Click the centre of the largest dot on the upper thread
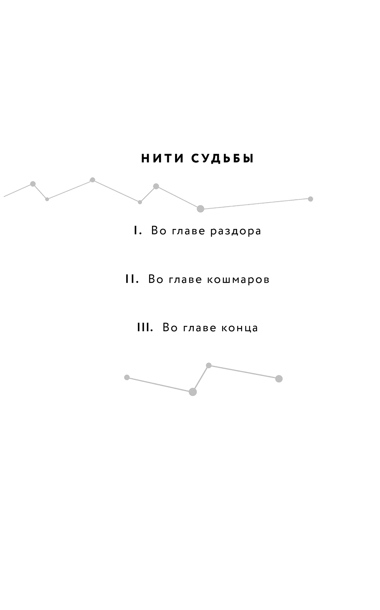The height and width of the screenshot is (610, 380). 200,209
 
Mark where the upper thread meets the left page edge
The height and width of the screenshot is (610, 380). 4,196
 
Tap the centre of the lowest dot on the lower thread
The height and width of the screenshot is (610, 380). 193,392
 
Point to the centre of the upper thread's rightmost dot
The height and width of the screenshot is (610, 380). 310,199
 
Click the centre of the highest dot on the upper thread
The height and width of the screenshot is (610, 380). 92,180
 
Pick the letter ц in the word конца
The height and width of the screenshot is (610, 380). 247,328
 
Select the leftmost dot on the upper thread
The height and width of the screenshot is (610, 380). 33,184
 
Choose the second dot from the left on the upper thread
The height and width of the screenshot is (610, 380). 47,199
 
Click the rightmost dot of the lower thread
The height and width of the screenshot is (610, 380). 279,378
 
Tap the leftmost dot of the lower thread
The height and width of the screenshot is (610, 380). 127,377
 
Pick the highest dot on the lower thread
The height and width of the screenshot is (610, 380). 209,365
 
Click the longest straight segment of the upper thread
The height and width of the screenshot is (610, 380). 256,204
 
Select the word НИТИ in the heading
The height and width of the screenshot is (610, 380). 163,159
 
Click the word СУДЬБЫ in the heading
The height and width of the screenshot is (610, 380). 222,159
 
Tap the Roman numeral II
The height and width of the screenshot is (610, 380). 132,279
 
